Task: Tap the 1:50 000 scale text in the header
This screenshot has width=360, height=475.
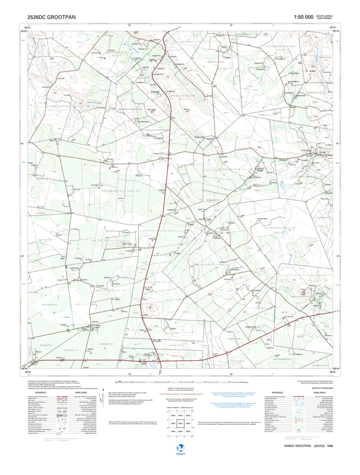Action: point(303,17)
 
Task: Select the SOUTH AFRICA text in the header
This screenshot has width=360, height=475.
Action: point(325,15)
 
